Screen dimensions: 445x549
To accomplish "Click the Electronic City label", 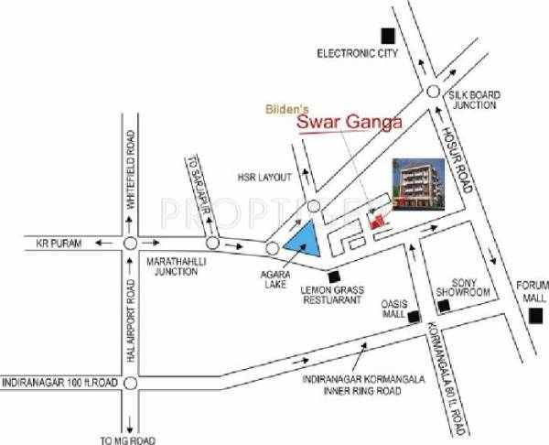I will (x=358, y=54).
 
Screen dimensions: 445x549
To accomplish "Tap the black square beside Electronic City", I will (x=389, y=36).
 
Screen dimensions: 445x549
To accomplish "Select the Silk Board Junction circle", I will (x=435, y=90).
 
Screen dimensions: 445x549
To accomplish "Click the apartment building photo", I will (x=418, y=184).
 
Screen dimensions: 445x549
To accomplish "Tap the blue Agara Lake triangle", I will (x=303, y=240).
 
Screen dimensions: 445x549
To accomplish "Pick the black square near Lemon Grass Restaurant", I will (x=334, y=274).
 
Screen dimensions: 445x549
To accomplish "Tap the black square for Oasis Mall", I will (x=414, y=319).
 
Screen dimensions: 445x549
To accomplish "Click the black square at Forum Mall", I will (x=534, y=316).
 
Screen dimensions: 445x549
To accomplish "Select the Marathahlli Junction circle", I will (x=130, y=244).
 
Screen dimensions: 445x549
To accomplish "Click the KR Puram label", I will (x=59, y=244).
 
